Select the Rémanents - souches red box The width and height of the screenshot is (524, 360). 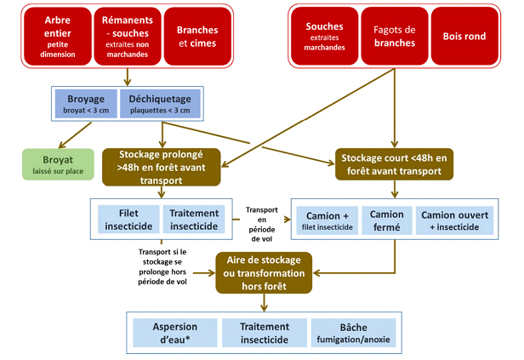(127, 37)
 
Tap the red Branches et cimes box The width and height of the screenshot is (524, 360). (197, 37)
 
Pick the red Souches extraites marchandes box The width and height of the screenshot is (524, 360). (324, 37)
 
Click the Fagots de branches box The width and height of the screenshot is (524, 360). (394, 37)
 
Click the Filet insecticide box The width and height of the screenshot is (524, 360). (124, 219)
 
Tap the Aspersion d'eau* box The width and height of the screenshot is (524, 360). (174, 333)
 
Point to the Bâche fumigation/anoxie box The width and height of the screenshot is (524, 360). (350, 333)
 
